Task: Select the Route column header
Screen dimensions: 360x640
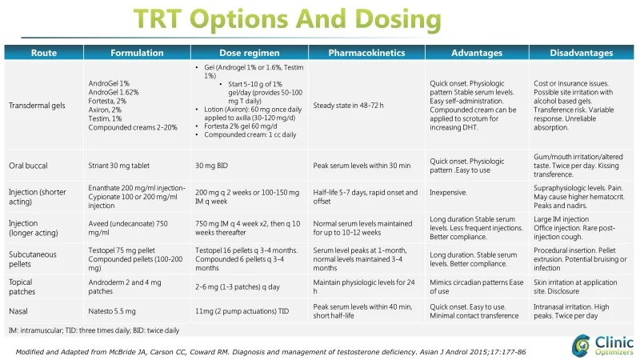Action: [43, 54]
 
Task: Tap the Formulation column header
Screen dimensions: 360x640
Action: [137, 54]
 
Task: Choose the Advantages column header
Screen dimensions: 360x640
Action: [477, 54]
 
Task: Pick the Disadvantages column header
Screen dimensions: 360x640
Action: [582, 54]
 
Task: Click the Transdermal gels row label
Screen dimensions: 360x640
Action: [37, 106]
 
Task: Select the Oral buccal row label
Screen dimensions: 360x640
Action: [29, 166]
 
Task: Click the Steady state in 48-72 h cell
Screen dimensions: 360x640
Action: [348, 106]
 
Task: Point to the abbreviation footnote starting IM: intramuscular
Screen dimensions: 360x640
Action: [94, 330]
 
